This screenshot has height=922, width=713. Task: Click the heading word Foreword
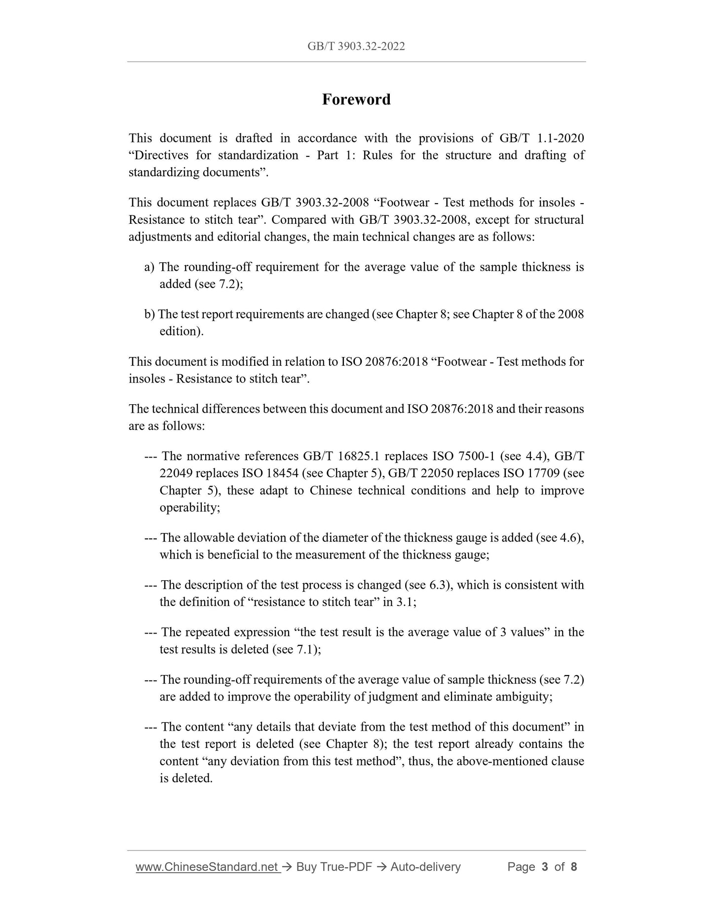(x=356, y=100)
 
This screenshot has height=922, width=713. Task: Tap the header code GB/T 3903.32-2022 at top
(x=356, y=46)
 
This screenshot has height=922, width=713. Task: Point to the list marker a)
(x=150, y=267)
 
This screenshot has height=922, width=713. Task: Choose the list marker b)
(x=150, y=314)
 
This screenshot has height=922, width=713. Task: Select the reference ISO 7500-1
(x=463, y=456)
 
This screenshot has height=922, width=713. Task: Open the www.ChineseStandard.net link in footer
(x=207, y=867)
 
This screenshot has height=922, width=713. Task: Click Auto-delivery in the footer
(x=425, y=867)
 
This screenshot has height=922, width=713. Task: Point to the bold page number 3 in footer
(x=545, y=867)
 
